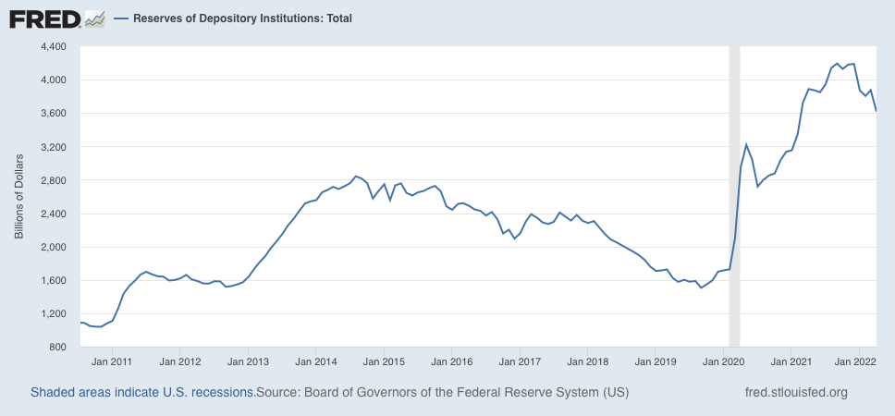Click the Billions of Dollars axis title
pyautogui.click(x=19, y=196)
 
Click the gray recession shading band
pyautogui.click(x=735, y=196)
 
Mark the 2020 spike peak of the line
pyautogui.click(x=746, y=144)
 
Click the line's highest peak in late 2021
pyautogui.click(x=837, y=64)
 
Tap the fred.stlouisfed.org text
pyautogui.click(x=796, y=393)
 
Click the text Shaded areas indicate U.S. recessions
pyautogui.click(x=143, y=393)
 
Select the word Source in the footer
pyautogui.click(x=276, y=393)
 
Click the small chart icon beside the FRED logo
pyautogui.click(x=94, y=19)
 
